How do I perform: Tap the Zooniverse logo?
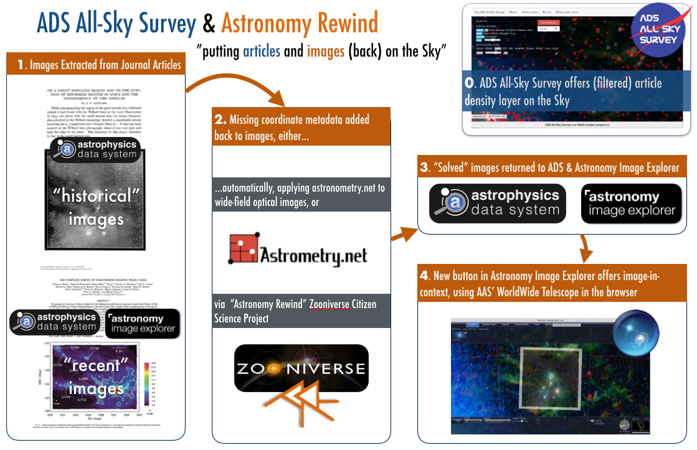click(x=301, y=368)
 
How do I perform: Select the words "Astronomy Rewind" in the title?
click(x=300, y=23)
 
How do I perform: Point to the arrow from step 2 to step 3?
click(x=403, y=233)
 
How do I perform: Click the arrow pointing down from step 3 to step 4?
click(x=584, y=249)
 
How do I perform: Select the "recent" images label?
click(x=96, y=377)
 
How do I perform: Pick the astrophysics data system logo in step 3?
click(x=498, y=204)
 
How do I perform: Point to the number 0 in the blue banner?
click(x=469, y=83)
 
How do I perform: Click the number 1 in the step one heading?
click(x=21, y=64)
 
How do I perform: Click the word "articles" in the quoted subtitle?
click(x=262, y=51)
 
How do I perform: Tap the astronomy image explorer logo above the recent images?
click(x=143, y=323)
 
